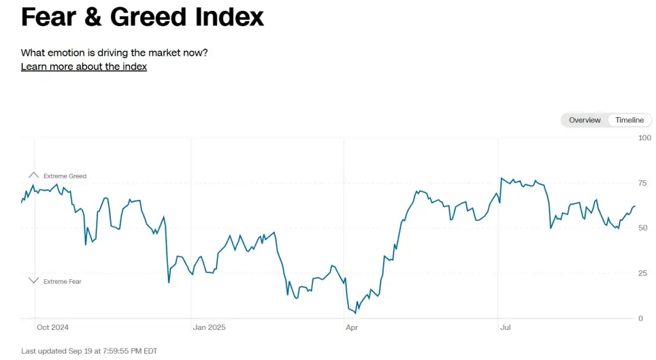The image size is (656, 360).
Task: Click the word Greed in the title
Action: (x=149, y=17)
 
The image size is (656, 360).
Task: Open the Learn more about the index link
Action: (x=84, y=67)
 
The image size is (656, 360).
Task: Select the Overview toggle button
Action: (x=584, y=120)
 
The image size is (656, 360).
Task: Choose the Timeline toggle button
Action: (x=629, y=120)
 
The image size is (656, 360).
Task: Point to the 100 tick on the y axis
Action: (x=644, y=138)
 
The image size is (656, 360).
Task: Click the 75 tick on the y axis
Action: (x=643, y=183)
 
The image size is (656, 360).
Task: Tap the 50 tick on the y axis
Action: (x=643, y=228)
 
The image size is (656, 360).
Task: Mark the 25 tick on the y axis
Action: (x=643, y=274)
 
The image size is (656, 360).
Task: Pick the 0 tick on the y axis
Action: (x=641, y=318)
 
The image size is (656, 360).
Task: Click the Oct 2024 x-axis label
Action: (x=53, y=327)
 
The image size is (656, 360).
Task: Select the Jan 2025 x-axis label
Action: (x=209, y=327)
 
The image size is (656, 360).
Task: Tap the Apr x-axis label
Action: (x=352, y=327)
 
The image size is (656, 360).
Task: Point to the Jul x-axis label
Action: (x=505, y=327)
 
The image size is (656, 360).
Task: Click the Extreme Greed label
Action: (x=65, y=176)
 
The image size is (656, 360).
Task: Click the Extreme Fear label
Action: (x=62, y=281)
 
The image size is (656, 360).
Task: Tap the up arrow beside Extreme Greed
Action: (x=33, y=175)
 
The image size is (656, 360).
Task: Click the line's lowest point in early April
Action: (x=356, y=313)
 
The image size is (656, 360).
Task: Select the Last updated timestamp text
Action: (x=89, y=351)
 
